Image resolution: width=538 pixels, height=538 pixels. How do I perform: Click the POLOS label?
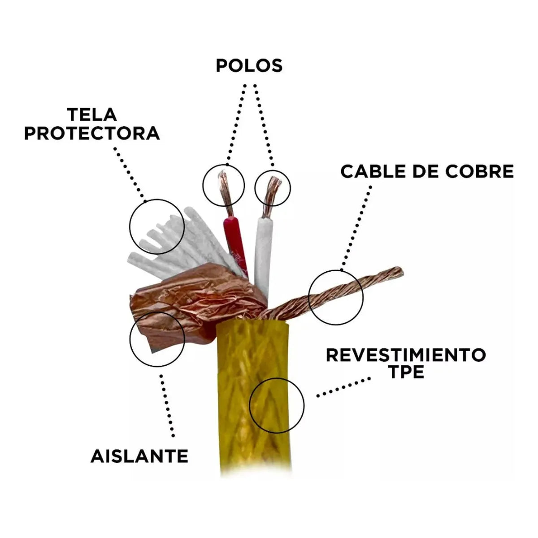pyautogui.click(x=249, y=65)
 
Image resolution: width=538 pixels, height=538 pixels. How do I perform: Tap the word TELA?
pyautogui.click(x=92, y=115)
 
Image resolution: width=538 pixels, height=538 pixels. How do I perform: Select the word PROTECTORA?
pyautogui.click(x=92, y=134)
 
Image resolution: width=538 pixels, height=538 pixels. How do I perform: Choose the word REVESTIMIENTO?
pyautogui.click(x=406, y=355)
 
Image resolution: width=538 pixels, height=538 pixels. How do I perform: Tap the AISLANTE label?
pyautogui.click(x=139, y=456)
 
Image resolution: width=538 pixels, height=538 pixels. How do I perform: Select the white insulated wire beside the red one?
pyautogui.click(x=264, y=251)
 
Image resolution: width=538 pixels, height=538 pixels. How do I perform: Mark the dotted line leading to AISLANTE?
pyautogui.click(x=167, y=403)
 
